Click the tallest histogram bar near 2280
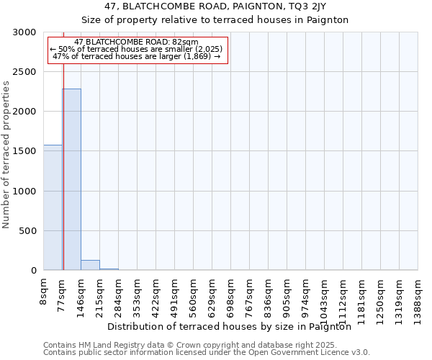(x=71, y=180)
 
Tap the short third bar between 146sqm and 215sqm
(x=90, y=265)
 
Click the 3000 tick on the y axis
(x=24, y=32)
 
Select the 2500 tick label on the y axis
(x=24, y=72)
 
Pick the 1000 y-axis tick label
(x=24, y=192)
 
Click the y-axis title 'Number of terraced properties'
(x=7, y=155)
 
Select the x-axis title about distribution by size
(x=234, y=326)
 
